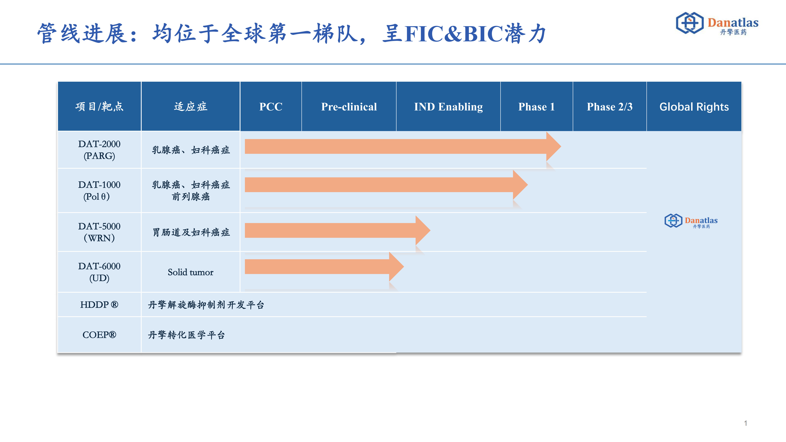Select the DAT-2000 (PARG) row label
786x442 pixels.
99,150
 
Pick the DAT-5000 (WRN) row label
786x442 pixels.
99,232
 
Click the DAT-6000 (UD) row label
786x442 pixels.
99,272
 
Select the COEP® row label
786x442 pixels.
99,335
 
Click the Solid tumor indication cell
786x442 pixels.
191,272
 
